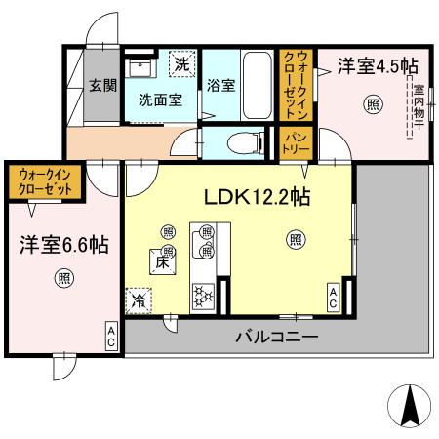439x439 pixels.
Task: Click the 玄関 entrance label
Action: pyautogui.click(x=99, y=84)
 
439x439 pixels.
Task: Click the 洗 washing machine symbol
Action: pyautogui.click(x=181, y=64)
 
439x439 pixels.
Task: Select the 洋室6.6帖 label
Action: pyautogui.click(x=61, y=244)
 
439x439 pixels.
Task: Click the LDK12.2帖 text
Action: pyautogui.click(x=257, y=197)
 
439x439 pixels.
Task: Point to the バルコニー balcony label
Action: pyautogui.click(x=274, y=338)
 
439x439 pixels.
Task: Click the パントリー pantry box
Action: pyautogui.click(x=297, y=143)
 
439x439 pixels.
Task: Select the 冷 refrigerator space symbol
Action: pyautogui.click(x=139, y=300)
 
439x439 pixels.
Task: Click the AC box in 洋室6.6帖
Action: pyautogui.click(x=111, y=337)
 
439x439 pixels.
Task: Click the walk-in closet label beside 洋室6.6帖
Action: pyautogui.click(x=44, y=181)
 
